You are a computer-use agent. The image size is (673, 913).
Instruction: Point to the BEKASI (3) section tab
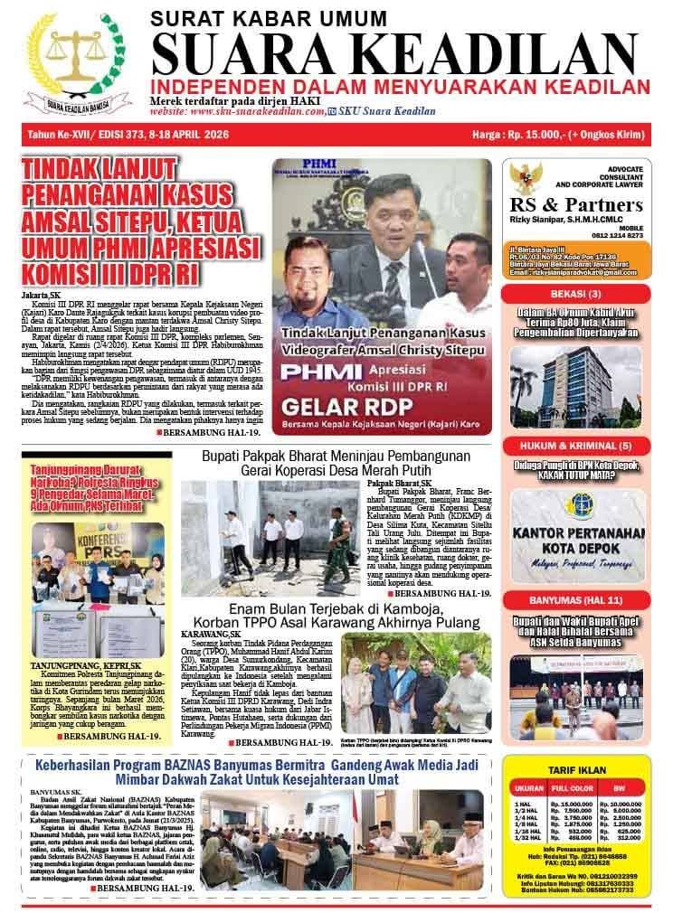pos(582,295)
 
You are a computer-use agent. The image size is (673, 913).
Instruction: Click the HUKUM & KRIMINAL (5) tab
pos(582,447)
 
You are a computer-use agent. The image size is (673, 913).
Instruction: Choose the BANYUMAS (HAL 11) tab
pos(582,598)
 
